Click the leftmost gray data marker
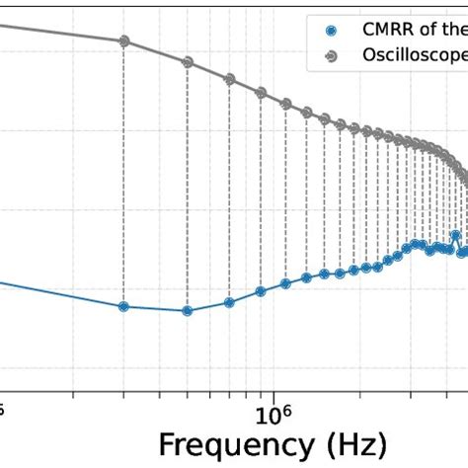(x=124, y=41)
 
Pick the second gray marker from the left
(x=187, y=61)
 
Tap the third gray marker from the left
(x=229, y=78)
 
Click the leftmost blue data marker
(x=123, y=306)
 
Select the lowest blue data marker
(x=187, y=310)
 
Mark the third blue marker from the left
(x=229, y=302)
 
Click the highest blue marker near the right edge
(x=455, y=235)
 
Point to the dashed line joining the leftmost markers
(x=124, y=173)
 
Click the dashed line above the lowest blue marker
(x=187, y=188)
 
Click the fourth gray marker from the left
(x=261, y=93)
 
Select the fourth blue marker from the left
(x=261, y=291)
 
